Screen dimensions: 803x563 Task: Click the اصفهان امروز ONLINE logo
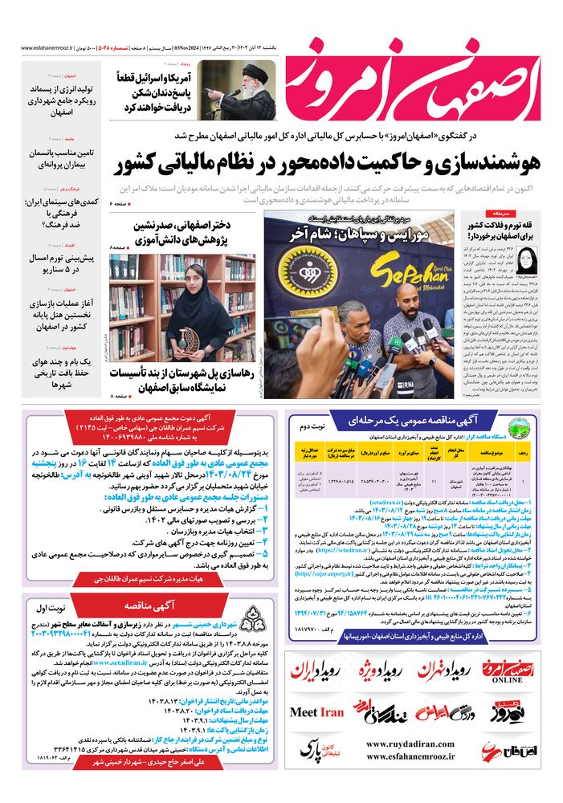click(x=508, y=671)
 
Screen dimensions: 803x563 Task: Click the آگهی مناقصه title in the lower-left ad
click(x=145, y=606)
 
